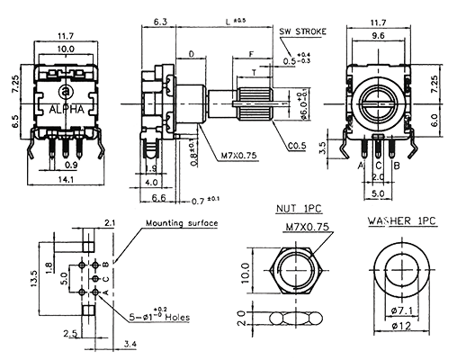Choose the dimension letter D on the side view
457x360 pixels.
click(x=191, y=55)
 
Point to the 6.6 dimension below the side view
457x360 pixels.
click(x=157, y=196)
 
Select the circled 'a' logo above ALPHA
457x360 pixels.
click(x=67, y=90)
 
